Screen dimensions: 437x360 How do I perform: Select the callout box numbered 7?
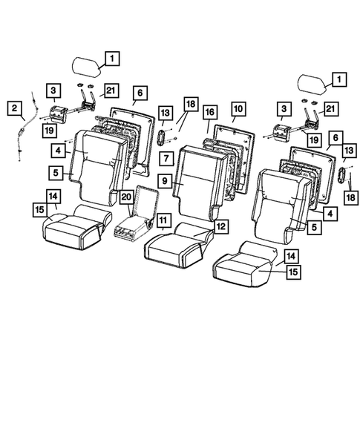coord(166,158)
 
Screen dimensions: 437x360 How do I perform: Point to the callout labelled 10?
coord(238,108)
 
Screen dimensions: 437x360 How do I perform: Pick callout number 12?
coord(220,224)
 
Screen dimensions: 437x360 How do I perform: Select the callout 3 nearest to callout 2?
coord(54,92)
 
